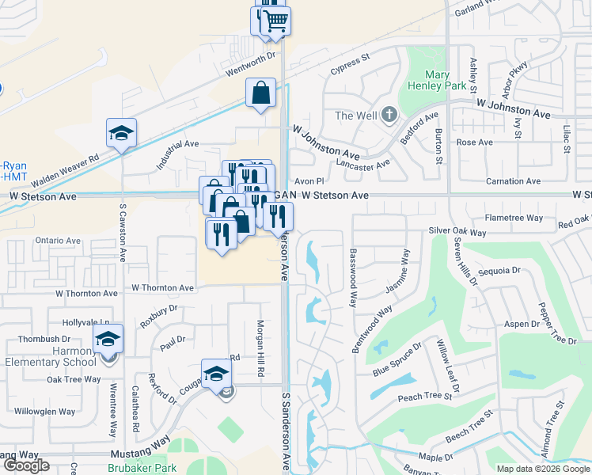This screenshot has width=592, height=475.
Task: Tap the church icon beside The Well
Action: point(388,116)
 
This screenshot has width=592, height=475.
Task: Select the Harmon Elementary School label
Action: point(53,356)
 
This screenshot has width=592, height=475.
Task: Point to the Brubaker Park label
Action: point(142,468)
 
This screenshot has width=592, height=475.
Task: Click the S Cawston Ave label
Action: point(123,233)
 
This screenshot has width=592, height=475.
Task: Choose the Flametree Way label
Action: point(514,218)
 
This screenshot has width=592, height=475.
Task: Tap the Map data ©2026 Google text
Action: point(543,469)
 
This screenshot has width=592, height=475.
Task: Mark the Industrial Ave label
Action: point(178,149)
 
